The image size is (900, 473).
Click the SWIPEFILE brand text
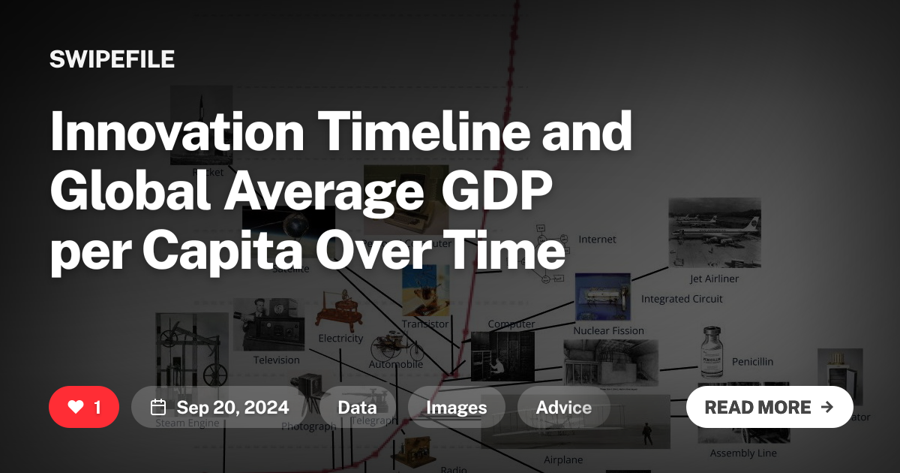pyautogui.click(x=112, y=59)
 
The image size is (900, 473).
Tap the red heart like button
pyautogui.click(x=83, y=407)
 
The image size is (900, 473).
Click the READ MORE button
pyautogui.click(x=769, y=407)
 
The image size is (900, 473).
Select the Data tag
pyautogui.click(x=357, y=408)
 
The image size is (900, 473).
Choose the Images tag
pyautogui.click(x=456, y=408)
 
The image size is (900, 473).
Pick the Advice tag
pyautogui.click(x=563, y=408)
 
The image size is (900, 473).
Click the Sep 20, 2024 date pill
pyautogui.click(x=219, y=408)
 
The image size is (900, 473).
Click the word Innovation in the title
pyautogui.click(x=177, y=132)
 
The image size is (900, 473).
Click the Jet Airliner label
pyautogui.click(x=714, y=279)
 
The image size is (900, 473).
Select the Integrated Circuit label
pyautogui.click(x=682, y=299)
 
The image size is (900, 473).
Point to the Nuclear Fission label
pyautogui.click(x=608, y=330)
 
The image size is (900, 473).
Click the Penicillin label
pyautogui.click(x=752, y=361)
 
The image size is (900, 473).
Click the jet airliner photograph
pyautogui.click(x=714, y=232)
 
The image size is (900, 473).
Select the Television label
pyautogui.click(x=276, y=360)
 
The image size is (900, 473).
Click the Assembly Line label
pyautogui.click(x=743, y=453)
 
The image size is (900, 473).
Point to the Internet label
pyautogui.click(x=597, y=240)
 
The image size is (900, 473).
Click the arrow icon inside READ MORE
pyautogui.click(x=827, y=407)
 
